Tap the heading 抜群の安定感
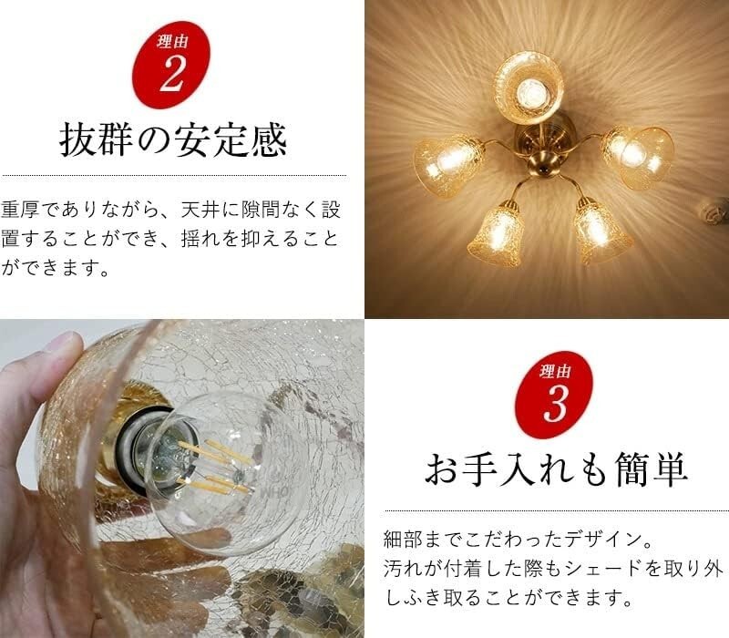[x=173, y=141]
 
